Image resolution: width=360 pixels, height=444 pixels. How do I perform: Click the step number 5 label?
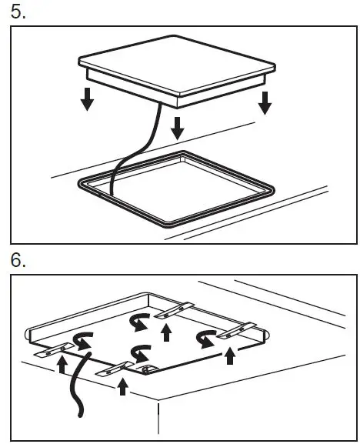[18, 14]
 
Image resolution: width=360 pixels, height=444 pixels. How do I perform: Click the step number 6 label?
[18, 260]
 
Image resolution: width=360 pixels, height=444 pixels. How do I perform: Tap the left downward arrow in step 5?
[87, 98]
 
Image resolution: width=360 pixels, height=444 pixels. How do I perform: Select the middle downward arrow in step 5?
[178, 127]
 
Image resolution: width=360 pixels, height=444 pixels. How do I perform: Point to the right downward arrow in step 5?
[265, 102]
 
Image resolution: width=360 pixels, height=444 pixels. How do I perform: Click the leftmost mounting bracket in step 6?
[54, 351]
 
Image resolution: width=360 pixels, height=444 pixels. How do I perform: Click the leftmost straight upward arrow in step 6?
[62, 366]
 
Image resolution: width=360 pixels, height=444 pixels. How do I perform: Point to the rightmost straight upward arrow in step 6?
[228, 355]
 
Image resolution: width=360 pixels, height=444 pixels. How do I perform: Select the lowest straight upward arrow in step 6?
[122, 385]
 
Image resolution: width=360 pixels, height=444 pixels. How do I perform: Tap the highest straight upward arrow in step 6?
[166, 330]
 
